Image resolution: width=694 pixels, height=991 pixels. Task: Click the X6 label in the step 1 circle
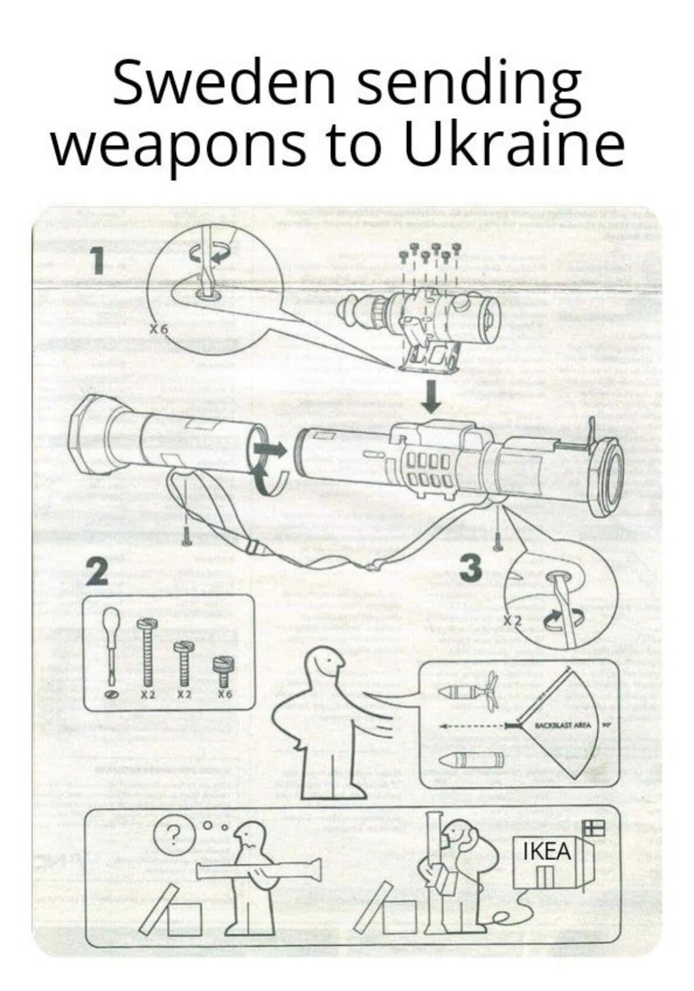(159, 329)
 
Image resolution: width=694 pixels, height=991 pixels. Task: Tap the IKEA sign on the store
(547, 851)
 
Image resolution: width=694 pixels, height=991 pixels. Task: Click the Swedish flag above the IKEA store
(594, 827)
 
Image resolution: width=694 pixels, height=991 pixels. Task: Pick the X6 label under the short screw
(224, 694)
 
